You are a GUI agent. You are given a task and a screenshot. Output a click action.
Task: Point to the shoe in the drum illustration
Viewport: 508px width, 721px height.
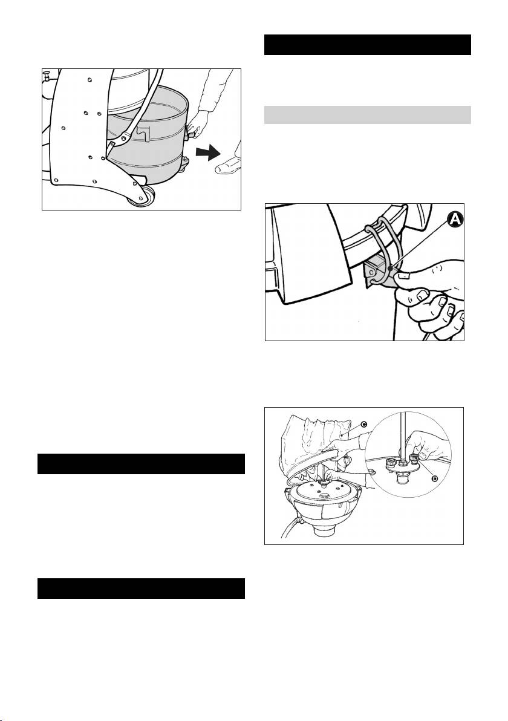(229, 165)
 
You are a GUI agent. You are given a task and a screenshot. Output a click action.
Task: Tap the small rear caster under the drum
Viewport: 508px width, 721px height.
(184, 164)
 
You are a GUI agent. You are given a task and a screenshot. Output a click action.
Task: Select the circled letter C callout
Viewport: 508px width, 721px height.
(363, 425)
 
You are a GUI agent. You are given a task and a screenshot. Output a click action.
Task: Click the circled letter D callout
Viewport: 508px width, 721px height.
(435, 479)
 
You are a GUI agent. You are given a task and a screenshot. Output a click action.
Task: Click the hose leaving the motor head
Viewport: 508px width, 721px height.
(290, 526)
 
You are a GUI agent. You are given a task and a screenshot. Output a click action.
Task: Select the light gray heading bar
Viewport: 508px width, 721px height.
(367, 115)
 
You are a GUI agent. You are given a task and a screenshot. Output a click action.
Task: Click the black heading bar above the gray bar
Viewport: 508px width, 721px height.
(367, 45)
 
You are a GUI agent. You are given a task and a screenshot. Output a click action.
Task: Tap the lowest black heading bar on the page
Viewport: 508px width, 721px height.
(141, 589)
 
